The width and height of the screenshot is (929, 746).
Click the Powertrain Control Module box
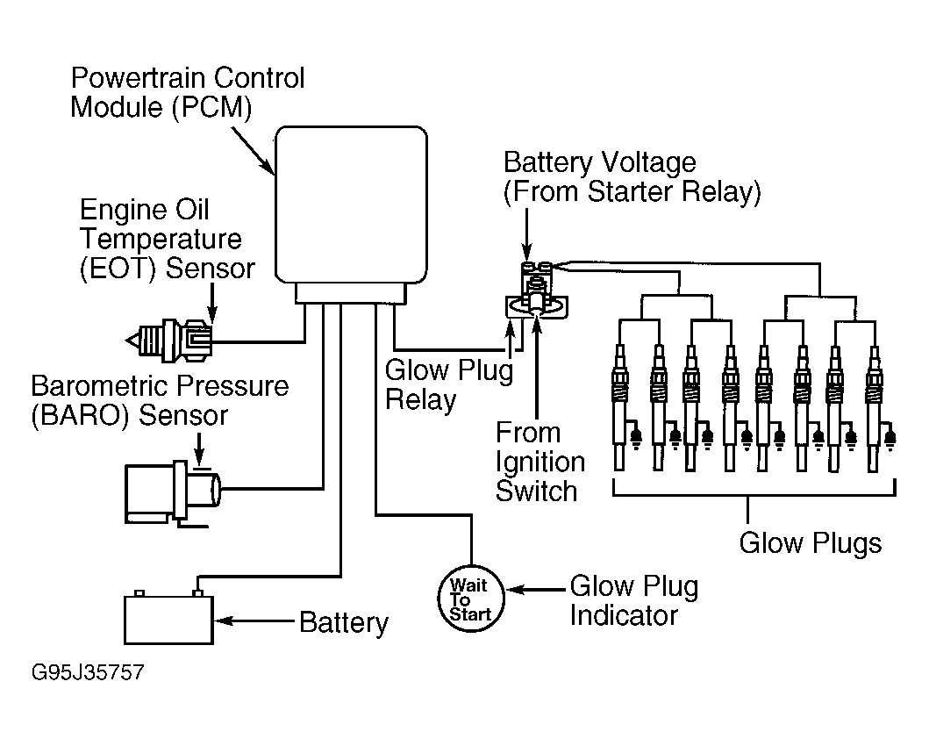pyautogui.click(x=352, y=204)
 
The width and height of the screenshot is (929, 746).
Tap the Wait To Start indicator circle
pyautogui.click(x=471, y=599)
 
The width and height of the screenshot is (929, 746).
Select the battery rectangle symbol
pyautogui.click(x=168, y=620)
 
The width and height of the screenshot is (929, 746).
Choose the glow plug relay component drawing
pyautogui.click(x=536, y=290)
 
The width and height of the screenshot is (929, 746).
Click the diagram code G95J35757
pyautogui.click(x=88, y=672)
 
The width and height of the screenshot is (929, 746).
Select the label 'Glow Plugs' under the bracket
pyautogui.click(x=810, y=543)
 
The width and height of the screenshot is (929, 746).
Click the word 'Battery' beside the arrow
pyautogui.click(x=344, y=623)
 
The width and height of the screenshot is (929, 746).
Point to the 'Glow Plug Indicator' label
pyautogui.click(x=634, y=600)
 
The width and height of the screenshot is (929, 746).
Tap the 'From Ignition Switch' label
pyautogui.click(x=540, y=462)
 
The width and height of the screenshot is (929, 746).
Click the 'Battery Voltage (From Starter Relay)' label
pyautogui.click(x=632, y=176)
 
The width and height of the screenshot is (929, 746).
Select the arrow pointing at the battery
pyautogui.click(x=254, y=621)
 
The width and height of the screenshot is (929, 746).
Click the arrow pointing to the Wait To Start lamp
pyautogui.click(x=536, y=590)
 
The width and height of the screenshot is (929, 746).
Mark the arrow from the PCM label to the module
pyautogui.click(x=254, y=151)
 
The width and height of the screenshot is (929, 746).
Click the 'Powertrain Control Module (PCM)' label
pyautogui.click(x=188, y=92)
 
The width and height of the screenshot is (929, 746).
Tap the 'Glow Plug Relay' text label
pyautogui.click(x=448, y=385)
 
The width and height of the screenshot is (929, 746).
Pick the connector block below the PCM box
pyautogui.click(x=352, y=293)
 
